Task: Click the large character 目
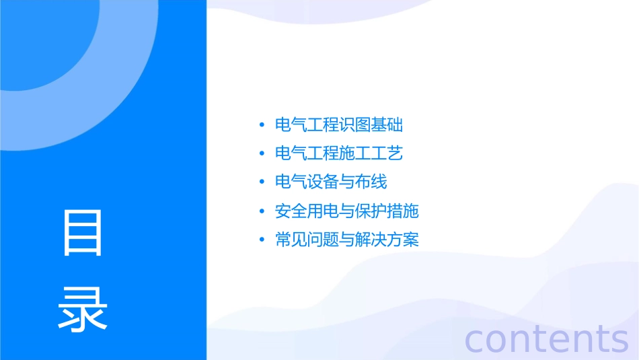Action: tap(83, 232)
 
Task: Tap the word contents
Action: tap(546, 338)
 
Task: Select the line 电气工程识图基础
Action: tap(339, 124)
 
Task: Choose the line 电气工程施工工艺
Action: tap(339, 153)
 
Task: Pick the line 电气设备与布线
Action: tap(331, 182)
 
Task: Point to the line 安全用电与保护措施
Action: tap(347, 211)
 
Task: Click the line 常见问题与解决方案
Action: tap(347, 240)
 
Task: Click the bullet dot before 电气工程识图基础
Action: tap(261, 125)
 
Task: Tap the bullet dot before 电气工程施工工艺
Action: tap(261, 154)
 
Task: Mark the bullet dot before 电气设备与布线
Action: tap(261, 182)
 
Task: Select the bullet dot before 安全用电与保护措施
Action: tap(261, 211)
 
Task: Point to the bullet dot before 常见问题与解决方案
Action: tap(261, 240)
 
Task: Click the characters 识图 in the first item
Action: tap(355, 124)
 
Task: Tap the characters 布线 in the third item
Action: tap(371, 182)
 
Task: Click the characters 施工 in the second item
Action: tap(355, 153)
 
